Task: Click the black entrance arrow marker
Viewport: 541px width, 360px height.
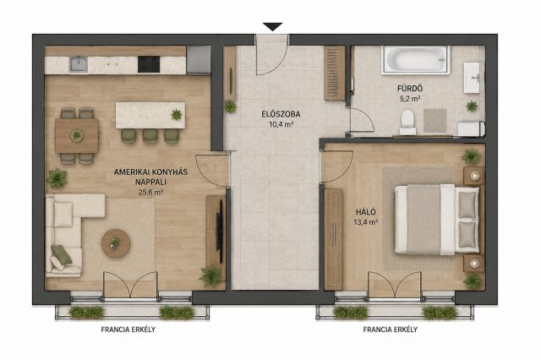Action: pyautogui.click(x=272, y=26)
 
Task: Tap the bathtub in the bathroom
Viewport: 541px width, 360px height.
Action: pyautogui.click(x=415, y=60)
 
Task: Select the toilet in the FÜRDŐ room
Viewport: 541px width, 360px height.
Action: pyautogui.click(x=407, y=122)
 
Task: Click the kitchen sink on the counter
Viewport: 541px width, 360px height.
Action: pyautogui.click(x=79, y=64)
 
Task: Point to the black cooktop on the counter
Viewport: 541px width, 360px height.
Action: pyautogui.click(x=149, y=64)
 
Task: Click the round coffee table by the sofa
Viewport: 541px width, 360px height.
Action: pyautogui.click(x=116, y=243)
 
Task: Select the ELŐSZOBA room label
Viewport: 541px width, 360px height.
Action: pyautogui.click(x=281, y=114)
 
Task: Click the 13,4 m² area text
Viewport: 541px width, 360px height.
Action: pyautogui.click(x=366, y=222)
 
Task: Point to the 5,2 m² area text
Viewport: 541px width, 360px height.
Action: pyautogui.click(x=410, y=99)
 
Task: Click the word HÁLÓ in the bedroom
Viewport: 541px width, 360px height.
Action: pyautogui.click(x=366, y=212)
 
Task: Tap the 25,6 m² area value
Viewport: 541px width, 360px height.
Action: pyautogui.click(x=150, y=193)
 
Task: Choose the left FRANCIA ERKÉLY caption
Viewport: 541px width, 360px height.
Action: pyautogui.click(x=128, y=330)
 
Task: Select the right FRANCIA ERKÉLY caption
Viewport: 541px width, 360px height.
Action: pyautogui.click(x=391, y=330)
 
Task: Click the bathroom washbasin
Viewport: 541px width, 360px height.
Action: pyautogui.click(x=472, y=78)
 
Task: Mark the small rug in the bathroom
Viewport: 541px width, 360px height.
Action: pyautogui.click(x=435, y=120)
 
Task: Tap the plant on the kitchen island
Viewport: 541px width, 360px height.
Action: pyautogui.click(x=177, y=114)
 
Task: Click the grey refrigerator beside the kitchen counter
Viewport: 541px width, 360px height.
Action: pyautogui.click(x=199, y=60)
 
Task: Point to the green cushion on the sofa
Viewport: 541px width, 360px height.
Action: pyautogui.click(x=62, y=254)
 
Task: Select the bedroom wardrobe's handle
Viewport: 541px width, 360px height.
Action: pyautogui.click(x=333, y=234)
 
